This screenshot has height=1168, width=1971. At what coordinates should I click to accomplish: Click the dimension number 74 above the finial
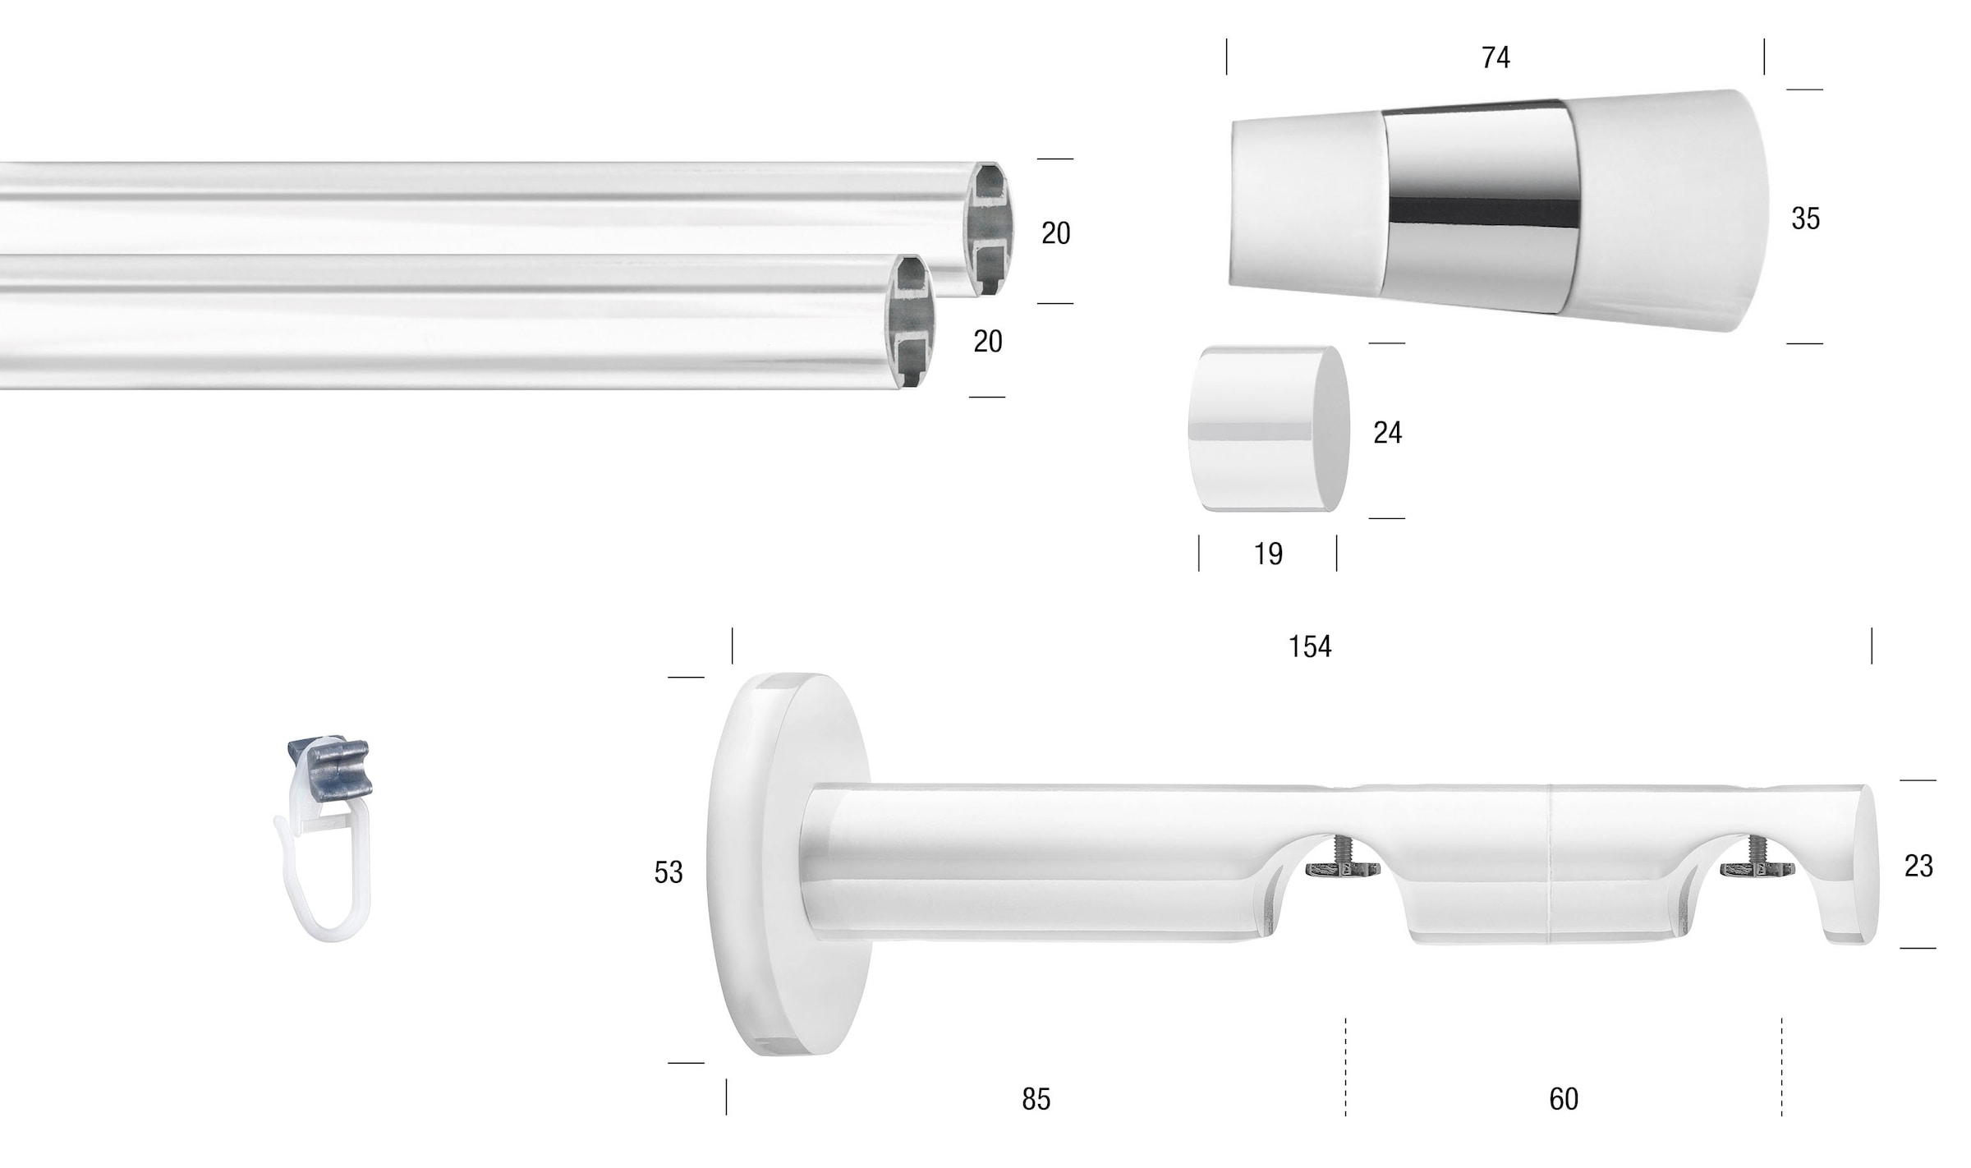click(1495, 57)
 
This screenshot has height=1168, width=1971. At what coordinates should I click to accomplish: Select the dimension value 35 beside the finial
click(1805, 218)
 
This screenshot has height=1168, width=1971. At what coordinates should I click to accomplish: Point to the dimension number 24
click(1387, 433)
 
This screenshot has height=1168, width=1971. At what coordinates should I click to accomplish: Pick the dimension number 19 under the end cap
click(1268, 554)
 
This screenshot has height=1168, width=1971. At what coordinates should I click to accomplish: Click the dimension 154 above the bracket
click(1309, 647)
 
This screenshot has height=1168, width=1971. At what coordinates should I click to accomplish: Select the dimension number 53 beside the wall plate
click(668, 872)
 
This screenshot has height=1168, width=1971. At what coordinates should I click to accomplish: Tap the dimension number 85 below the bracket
click(1036, 1099)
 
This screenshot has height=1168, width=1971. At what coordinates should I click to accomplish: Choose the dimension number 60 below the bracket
click(1564, 1099)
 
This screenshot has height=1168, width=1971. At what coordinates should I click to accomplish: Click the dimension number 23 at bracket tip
click(1918, 866)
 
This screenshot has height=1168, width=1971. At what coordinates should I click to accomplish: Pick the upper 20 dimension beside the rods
click(1055, 234)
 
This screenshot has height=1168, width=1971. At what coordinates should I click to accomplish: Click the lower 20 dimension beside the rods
click(987, 342)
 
